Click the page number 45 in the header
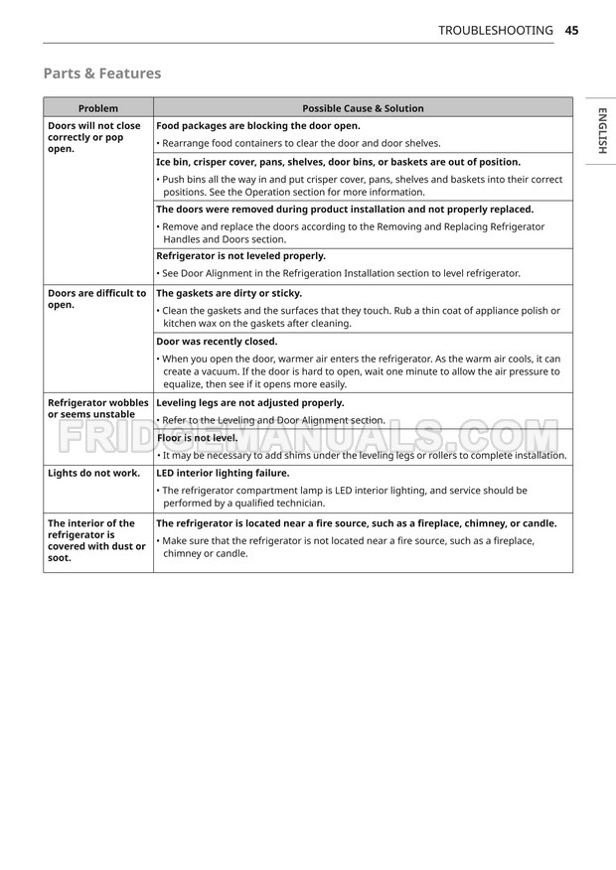coord(571,31)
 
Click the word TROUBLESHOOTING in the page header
coord(496,31)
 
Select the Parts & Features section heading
coord(101,73)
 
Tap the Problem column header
coord(97,108)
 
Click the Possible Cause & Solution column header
coord(363,108)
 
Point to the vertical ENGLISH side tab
coord(602,130)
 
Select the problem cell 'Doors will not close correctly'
coord(94,137)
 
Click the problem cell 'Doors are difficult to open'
coord(96,299)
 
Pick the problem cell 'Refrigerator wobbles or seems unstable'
coord(97,408)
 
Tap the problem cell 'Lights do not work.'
coord(93,473)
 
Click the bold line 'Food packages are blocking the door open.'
coord(257,126)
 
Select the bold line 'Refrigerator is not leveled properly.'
coord(240,255)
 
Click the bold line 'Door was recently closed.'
coord(217,341)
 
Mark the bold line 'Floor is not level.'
coord(197,437)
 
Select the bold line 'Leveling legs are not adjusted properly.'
coord(250,403)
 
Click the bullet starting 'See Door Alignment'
coord(338,273)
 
